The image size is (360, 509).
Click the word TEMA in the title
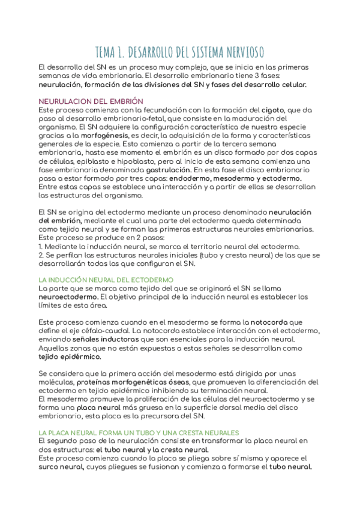pos(109,51)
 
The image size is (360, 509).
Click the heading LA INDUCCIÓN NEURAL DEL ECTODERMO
pos(106,280)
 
